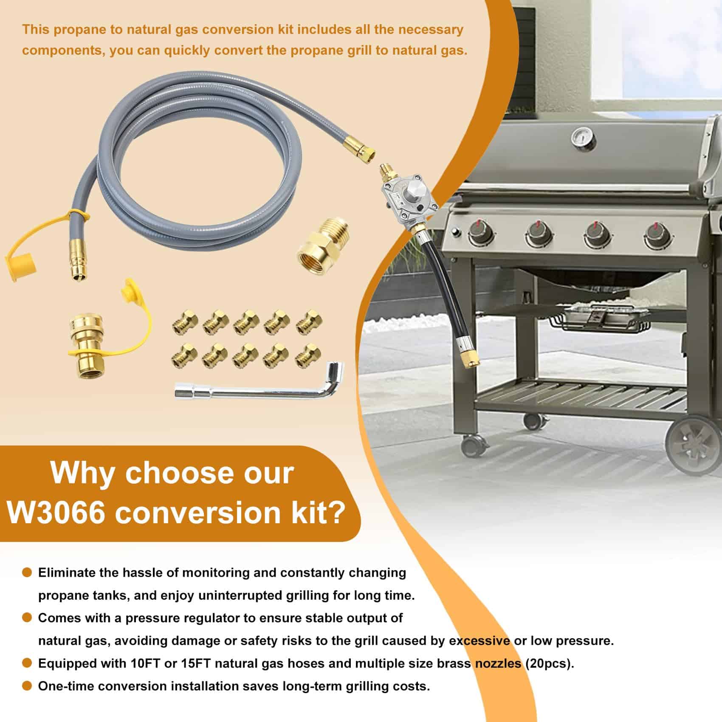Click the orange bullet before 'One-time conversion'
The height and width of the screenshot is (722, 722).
point(27,685)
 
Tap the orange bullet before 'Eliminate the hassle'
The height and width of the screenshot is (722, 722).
point(27,572)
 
